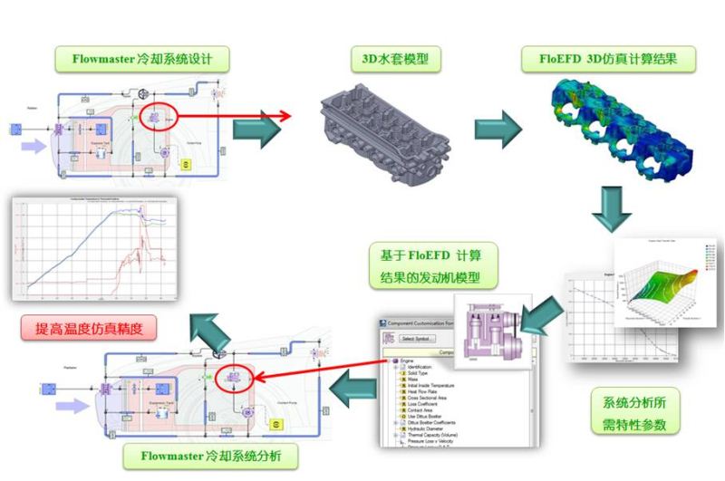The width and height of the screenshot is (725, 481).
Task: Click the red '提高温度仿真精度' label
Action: tap(89, 327)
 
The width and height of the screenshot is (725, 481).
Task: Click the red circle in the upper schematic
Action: tap(159, 119)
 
